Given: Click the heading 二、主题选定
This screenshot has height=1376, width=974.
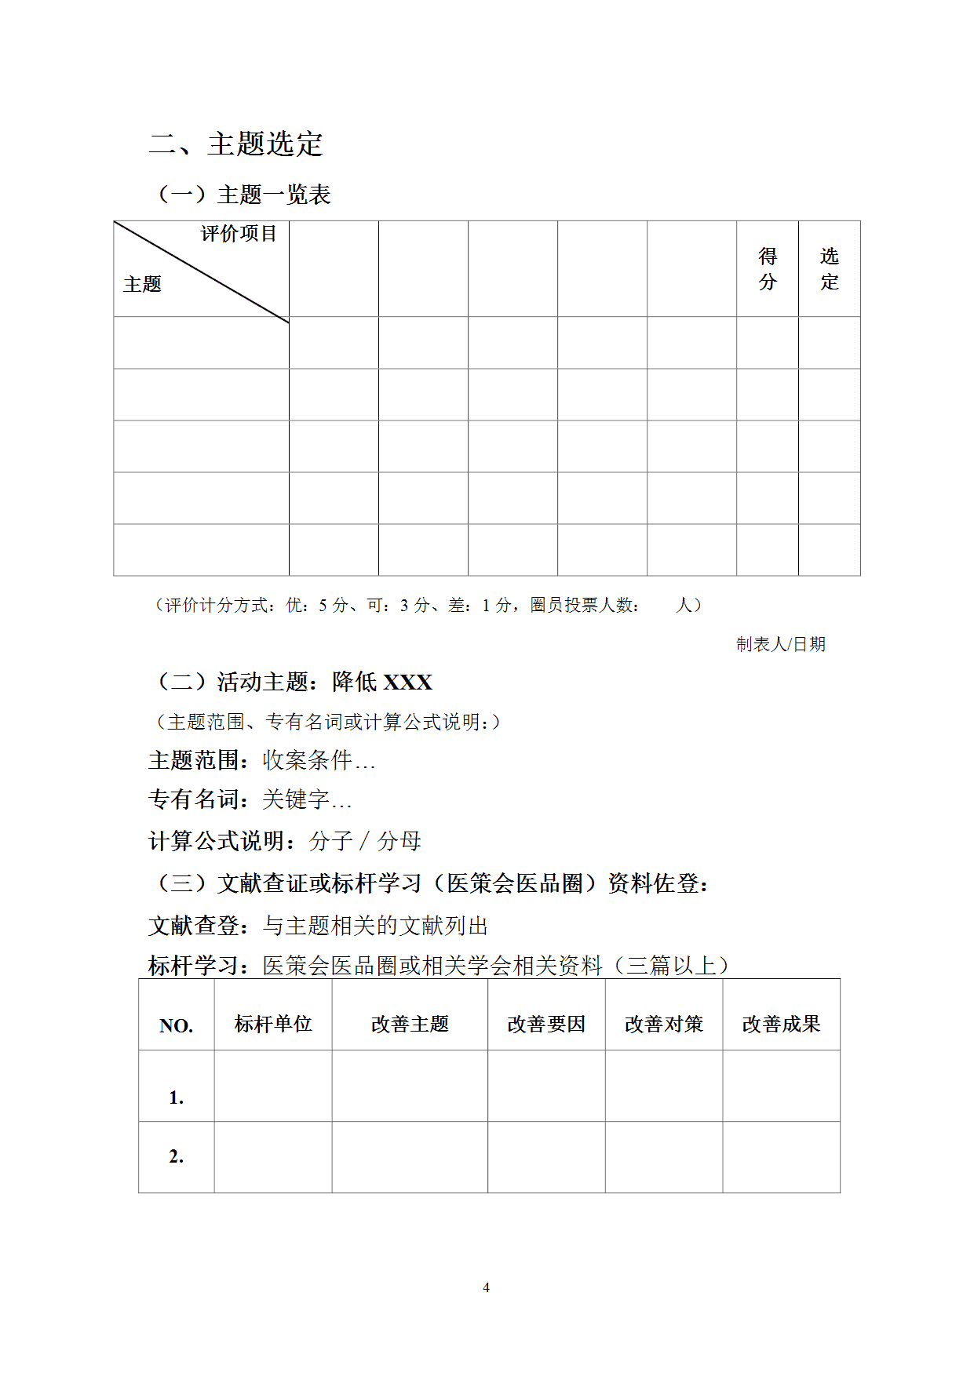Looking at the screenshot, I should click(235, 144).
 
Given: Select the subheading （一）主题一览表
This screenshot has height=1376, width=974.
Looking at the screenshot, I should click(244, 195).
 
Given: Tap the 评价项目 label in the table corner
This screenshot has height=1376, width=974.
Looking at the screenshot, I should click(239, 234).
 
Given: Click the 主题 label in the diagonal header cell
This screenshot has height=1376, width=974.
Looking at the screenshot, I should click(142, 284).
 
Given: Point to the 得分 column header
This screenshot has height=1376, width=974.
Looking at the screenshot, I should click(768, 269).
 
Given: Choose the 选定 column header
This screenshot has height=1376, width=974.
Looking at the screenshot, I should click(830, 269).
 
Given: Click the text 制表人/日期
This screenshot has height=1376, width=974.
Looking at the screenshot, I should click(781, 645).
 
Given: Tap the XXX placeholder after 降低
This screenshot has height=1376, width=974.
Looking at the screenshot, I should click(407, 683).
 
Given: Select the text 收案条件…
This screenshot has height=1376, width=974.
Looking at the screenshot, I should click(319, 760).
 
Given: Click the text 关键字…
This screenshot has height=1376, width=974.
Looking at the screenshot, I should click(307, 799).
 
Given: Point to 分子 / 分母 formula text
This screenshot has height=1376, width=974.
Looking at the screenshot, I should click(366, 841).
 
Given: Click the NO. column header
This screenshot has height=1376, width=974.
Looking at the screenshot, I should click(176, 1026).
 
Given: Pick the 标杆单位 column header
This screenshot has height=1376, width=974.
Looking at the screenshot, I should click(273, 1024).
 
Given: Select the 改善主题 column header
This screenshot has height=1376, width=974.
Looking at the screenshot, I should click(410, 1024).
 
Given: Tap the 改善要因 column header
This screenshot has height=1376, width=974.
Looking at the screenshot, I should click(546, 1024).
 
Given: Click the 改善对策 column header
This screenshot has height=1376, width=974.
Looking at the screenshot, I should click(664, 1024).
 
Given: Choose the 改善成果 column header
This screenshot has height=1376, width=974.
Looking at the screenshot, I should click(781, 1024).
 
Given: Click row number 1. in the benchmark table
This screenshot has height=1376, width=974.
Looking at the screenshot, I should click(177, 1098).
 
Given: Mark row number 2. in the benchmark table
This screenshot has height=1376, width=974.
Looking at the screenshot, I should click(177, 1156).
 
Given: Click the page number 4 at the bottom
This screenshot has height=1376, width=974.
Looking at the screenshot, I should click(487, 1287).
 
